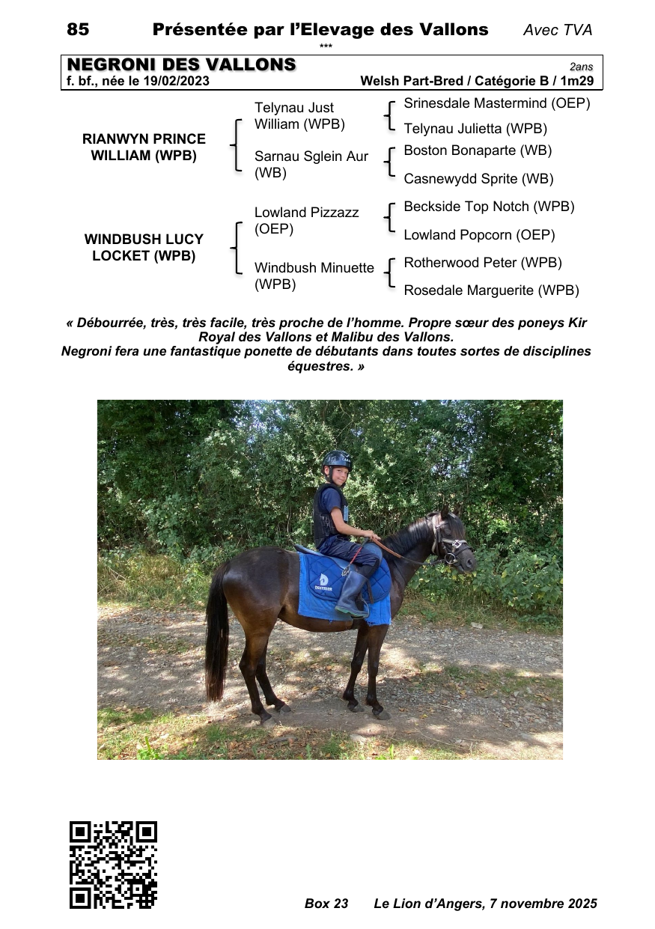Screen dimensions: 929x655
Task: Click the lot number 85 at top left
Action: click(78, 30)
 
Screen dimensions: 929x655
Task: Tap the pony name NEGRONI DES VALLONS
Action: click(182, 65)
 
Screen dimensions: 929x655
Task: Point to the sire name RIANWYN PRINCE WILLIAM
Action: click(144, 147)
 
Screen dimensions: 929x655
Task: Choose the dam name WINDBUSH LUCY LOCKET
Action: click(144, 248)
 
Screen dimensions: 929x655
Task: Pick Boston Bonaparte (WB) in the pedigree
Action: click(478, 150)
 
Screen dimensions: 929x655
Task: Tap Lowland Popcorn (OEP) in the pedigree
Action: click(479, 235)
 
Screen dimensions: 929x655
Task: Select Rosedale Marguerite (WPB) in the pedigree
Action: click(491, 290)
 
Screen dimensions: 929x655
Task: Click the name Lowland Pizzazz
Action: click(306, 213)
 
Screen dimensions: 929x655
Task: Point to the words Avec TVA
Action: click(558, 30)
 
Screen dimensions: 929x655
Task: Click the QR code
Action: click(113, 865)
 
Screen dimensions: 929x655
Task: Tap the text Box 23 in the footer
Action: click(326, 904)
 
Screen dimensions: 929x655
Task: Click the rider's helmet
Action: click(338, 459)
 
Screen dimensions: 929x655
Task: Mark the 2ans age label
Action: click(581, 67)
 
